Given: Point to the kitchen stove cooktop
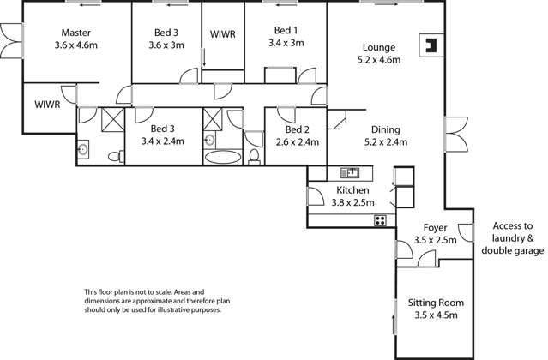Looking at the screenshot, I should [x=379, y=220].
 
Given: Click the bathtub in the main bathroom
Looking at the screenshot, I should [x=224, y=157].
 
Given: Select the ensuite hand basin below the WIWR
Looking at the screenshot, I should [x=83, y=150].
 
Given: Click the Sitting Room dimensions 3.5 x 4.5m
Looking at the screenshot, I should [x=436, y=315].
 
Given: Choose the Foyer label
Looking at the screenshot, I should [x=436, y=229].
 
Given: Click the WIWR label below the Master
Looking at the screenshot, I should [x=46, y=105].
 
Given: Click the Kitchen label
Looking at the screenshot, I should [x=352, y=190].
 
